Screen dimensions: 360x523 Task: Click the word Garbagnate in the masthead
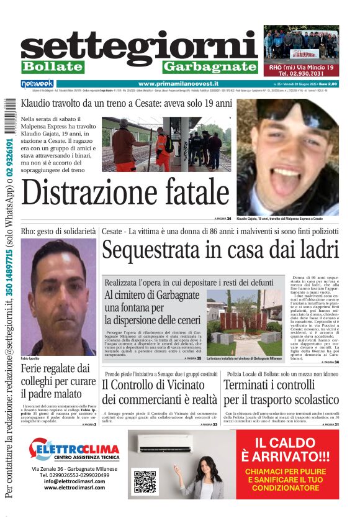tap(210, 66)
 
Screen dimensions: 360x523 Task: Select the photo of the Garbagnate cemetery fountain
tap(244, 323)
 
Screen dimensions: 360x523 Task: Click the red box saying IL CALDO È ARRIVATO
tap(286, 465)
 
